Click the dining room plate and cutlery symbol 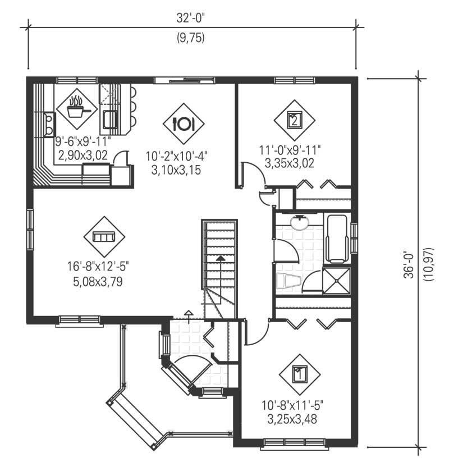184,122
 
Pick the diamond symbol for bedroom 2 294,120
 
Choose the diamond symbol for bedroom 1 300,373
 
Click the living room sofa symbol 104,237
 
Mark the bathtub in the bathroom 337,239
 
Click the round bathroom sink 300,223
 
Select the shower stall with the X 336,280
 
